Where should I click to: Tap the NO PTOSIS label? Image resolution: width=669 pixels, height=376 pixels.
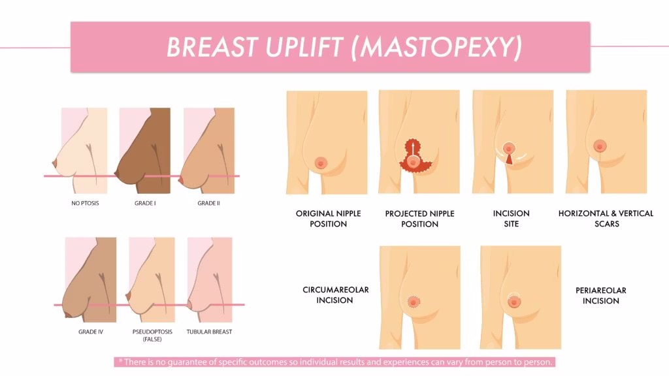[x=85, y=204]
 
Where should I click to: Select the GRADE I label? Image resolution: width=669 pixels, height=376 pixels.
[x=145, y=204]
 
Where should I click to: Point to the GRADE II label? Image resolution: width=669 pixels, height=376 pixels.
[x=208, y=204]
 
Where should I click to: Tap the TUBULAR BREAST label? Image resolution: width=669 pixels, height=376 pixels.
[x=209, y=332]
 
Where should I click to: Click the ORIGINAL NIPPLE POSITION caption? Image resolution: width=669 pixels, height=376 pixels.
[x=328, y=219]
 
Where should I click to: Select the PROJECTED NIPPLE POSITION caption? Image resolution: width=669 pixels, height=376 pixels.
[x=419, y=219]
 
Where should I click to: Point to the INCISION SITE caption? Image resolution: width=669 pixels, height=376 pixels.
[x=511, y=219]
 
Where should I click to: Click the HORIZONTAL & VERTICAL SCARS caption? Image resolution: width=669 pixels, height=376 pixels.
[x=606, y=219]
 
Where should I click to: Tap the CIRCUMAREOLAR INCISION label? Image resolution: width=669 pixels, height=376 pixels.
[x=335, y=295]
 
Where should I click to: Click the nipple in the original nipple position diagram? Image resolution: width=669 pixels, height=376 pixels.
[x=320, y=163]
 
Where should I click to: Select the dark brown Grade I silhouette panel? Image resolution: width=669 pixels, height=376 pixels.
[x=144, y=150]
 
